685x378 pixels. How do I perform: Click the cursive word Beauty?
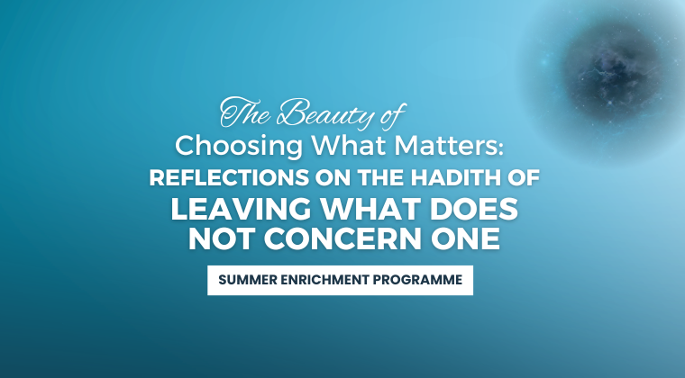pyautogui.click(x=325, y=112)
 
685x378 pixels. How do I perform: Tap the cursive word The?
pyautogui.click(x=244, y=112)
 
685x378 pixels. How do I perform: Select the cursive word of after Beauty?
pyautogui.click(x=393, y=115)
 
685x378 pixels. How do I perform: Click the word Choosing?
pyautogui.click(x=239, y=147)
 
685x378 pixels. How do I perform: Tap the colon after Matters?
pyautogui.click(x=500, y=148)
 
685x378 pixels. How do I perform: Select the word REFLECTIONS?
pyautogui.click(x=229, y=178)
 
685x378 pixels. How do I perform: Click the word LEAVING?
pyautogui.click(x=241, y=209)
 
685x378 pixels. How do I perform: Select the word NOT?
pyautogui.click(x=222, y=238)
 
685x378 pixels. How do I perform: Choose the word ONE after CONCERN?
pyautogui.click(x=465, y=238)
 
